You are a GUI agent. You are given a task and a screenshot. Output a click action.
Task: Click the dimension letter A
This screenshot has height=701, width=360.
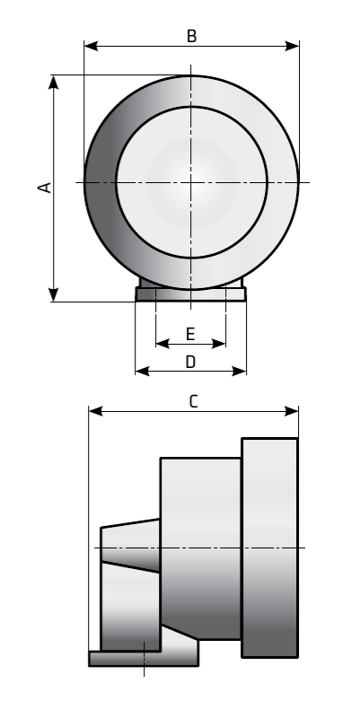point(45,188)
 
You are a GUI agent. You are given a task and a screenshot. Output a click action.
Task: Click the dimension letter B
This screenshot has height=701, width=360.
point(191,36)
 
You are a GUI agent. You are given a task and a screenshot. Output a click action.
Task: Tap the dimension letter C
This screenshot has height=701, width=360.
point(193,401)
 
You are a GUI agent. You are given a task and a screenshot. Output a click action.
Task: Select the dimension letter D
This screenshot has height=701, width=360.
point(190,362)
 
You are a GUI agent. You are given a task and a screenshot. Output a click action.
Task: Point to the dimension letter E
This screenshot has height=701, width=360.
point(190,335)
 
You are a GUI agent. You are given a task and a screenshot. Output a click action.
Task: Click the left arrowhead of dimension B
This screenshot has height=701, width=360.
point(91,46)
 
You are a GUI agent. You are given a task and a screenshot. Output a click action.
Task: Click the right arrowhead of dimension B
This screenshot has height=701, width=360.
point(293,46)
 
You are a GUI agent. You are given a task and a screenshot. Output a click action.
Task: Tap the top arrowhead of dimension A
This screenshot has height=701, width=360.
point(54,83)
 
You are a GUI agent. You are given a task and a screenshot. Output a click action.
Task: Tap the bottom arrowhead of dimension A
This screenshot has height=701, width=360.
point(54,294)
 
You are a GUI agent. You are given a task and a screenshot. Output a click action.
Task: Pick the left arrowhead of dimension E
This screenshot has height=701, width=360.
point(162,344)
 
